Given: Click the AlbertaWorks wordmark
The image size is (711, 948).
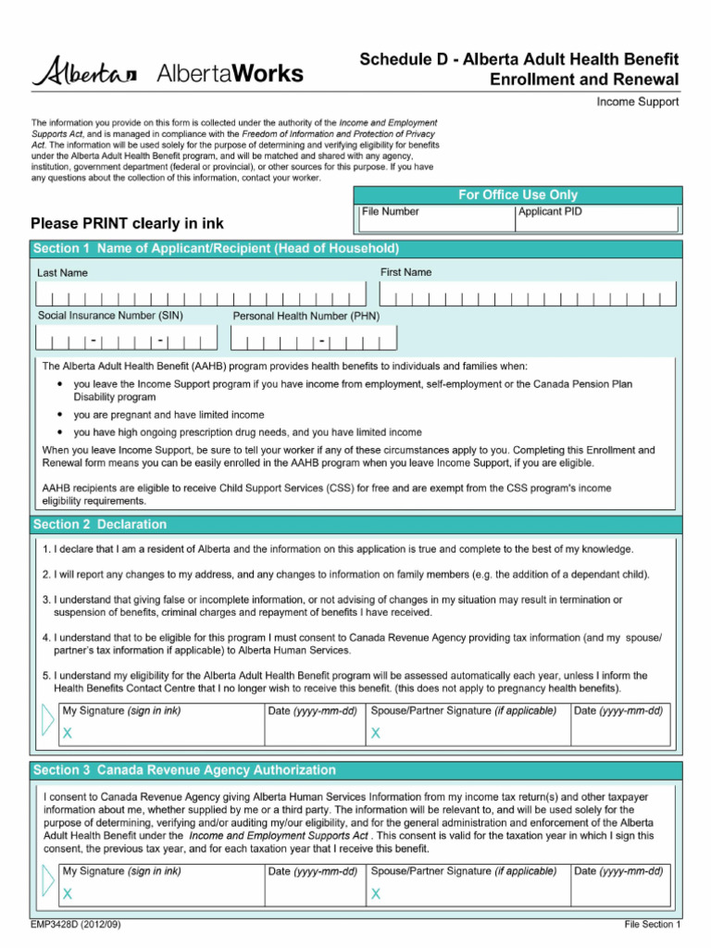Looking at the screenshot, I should pyautogui.click(x=231, y=73).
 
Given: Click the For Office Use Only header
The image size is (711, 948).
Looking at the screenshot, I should pyautogui.click(x=518, y=194).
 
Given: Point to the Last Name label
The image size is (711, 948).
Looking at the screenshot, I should pyautogui.click(x=63, y=273).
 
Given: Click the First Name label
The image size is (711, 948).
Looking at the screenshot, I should pyautogui.click(x=405, y=272).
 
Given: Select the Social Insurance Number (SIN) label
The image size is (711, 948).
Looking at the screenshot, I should pyautogui.click(x=110, y=316).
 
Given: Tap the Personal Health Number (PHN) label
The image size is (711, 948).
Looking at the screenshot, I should pyautogui.click(x=306, y=316).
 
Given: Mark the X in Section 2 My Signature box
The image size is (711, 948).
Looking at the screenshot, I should pyautogui.click(x=67, y=733).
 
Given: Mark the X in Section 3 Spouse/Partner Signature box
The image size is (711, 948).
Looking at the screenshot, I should pyautogui.click(x=376, y=894).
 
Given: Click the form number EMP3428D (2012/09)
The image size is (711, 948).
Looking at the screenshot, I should pyautogui.click(x=76, y=925).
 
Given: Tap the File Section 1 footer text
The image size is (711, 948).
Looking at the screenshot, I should pyautogui.click(x=652, y=925).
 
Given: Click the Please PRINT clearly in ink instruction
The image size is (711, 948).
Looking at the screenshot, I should pyautogui.click(x=127, y=224).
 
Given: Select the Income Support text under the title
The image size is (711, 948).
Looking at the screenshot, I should pyautogui.click(x=637, y=102).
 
